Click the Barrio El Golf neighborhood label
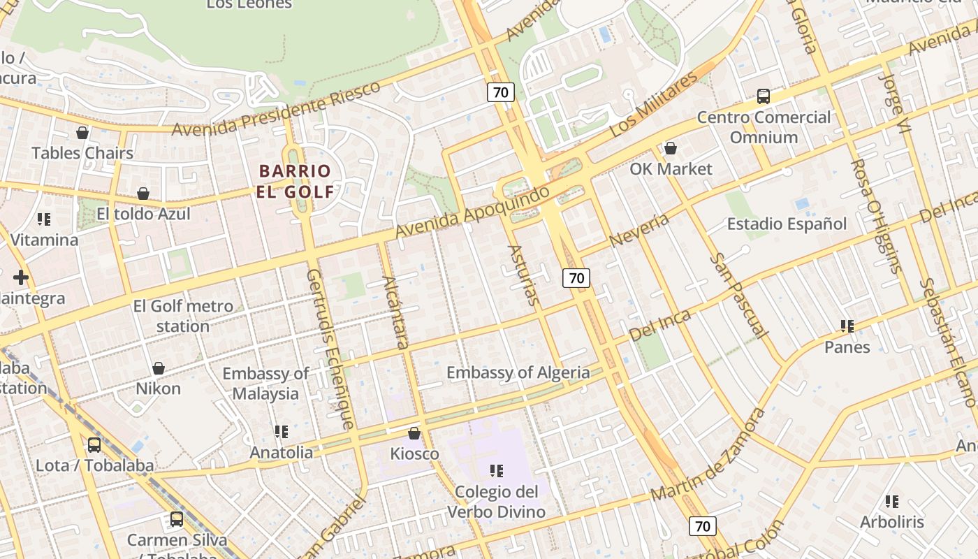coord(294,181)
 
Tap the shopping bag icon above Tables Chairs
coord(82,133)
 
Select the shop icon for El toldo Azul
coord(143,194)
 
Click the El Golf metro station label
coord(183,316)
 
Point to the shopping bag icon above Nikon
coord(159,368)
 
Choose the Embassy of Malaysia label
coord(265,384)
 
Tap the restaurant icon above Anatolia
coord(282,432)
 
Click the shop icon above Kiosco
coord(414,433)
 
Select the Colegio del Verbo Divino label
coord(496,502)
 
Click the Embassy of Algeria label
coord(518,372)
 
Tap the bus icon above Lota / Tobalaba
coord(94,444)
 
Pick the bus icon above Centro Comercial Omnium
coord(764,96)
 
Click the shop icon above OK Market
coord(671,148)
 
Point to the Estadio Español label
coord(787,224)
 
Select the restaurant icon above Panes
coord(847,326)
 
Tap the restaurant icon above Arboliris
coord(891,501)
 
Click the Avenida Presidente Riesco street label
coord(276,110)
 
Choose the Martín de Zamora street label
coord(707,456)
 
